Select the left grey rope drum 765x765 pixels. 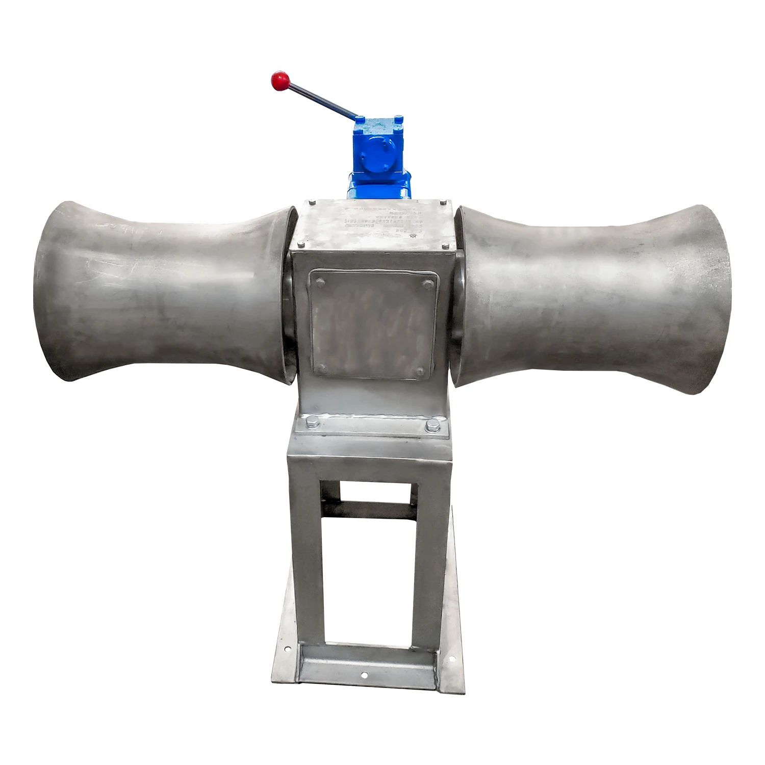[x=163, y=292]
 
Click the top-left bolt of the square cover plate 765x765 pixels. [x=320, y=282]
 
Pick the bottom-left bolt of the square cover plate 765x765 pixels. [x=321, y=368]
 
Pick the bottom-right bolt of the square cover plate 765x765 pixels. [x=420, y=371]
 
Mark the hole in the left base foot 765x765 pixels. [x=288, y=649]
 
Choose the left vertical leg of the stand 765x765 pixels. [x=307, y=551]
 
